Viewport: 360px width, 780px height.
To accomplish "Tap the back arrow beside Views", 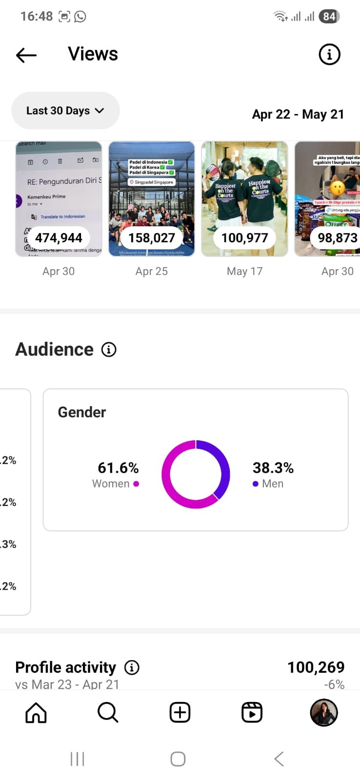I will click(26, 55).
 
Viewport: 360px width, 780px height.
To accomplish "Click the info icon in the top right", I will click(329, 54).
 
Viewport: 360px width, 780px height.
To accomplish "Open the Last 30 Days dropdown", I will click(65, 111).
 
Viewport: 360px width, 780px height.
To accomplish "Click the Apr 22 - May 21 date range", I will click(298, 114).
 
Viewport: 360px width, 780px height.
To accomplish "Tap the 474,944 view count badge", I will click(59, 238).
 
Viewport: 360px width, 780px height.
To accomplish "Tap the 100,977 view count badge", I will click(244, 238).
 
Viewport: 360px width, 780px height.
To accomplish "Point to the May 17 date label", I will click(244, 271).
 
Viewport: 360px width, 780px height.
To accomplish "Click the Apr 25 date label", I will click(151, 271).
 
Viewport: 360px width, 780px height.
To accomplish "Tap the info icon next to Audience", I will click(109, 350).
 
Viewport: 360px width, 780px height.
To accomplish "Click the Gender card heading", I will click(82, 412).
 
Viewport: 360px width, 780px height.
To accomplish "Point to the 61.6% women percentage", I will click(118, 468).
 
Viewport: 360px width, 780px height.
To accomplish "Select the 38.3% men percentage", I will click(273, 468).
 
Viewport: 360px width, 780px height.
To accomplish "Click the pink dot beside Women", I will click(136, 484).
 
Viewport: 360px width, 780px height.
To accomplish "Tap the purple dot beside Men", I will click(256, 484).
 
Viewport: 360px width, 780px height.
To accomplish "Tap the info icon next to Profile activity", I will click(132, 667).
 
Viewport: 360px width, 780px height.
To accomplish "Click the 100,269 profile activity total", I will click(316, 667).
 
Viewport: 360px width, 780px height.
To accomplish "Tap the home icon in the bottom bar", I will click(36, 713).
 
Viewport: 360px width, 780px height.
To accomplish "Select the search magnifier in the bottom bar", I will click(108, 713).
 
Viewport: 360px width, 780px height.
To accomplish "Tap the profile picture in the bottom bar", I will click(324, 713).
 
